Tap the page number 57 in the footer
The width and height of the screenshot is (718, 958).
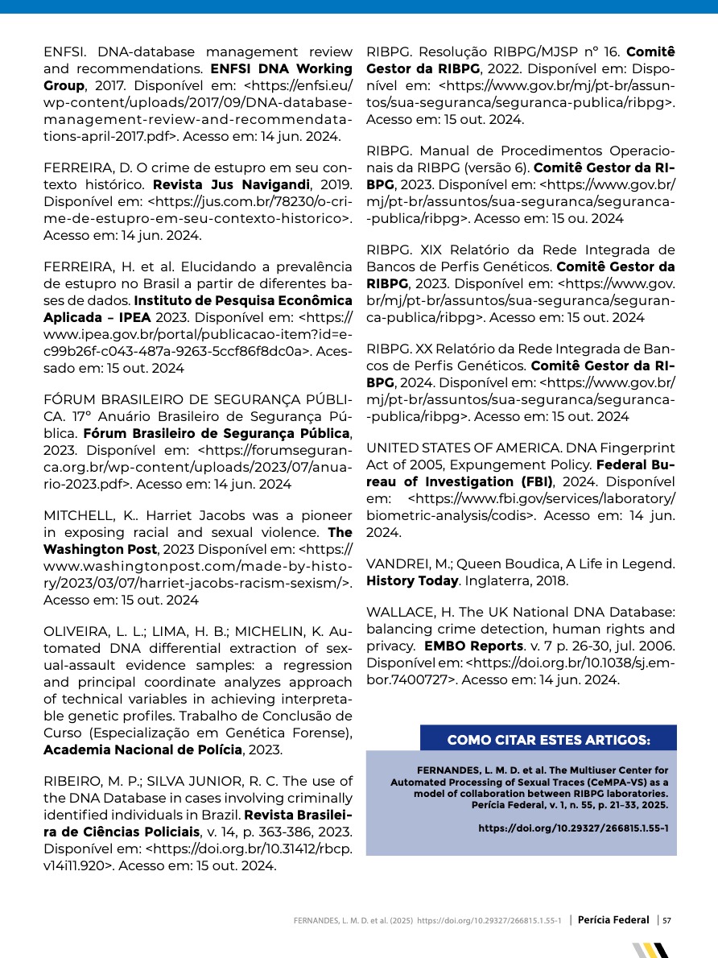pyautogui.click(x=667, y=919)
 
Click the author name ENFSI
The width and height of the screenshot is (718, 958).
pyautogui.click(x=64, y=52)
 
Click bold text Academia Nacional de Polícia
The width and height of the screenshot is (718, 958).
pyautogui.click(x=142, y=749)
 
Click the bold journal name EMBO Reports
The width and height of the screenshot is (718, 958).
pyautogui.click(x=474, y=646)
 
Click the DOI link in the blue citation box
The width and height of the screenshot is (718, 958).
pyautogui.click(x=573, y=828)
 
